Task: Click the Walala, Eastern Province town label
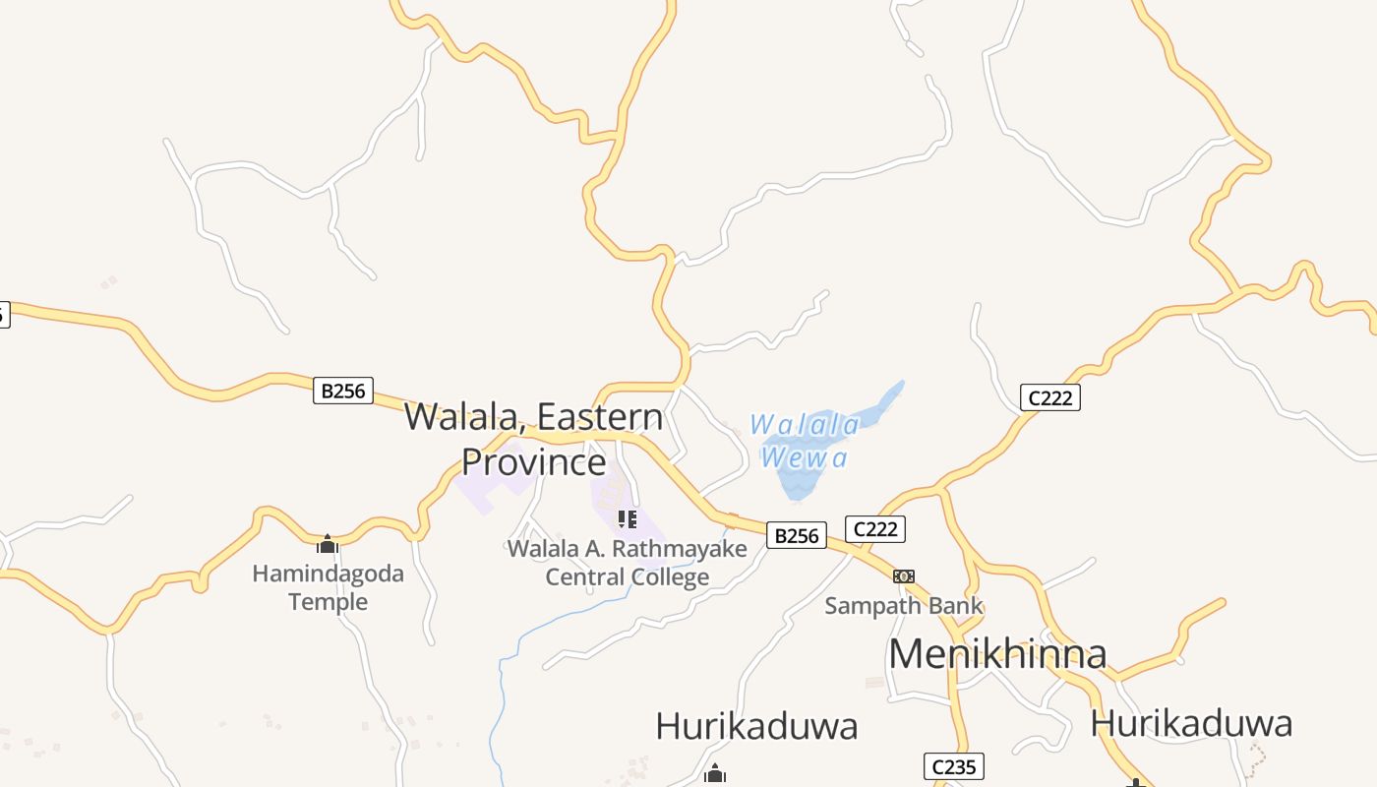[534, 439]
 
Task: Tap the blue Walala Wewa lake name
[805, 441]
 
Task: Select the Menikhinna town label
[997, 653]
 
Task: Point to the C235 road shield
[954, 766]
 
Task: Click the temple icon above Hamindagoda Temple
[328, 544]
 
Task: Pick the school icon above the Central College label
[628, 518]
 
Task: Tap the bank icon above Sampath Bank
[904, 575]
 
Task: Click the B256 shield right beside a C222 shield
[796, 535]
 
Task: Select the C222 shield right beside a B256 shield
[875, 529]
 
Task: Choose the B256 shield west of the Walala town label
[343, 391]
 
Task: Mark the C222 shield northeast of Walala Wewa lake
[1050, 397]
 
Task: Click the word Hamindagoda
[328, 574]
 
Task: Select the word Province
[534, 461]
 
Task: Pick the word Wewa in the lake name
[804, 457]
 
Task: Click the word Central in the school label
[585, 577]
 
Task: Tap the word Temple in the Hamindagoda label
[328, 601]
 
